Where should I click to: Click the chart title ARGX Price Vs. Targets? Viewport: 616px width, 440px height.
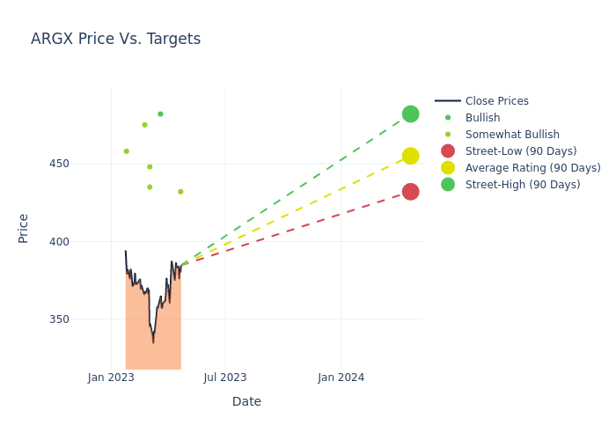coord(115,39)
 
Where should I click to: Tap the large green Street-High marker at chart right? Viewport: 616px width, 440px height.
coord(410,114)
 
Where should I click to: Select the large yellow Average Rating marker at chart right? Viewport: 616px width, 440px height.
coord(410,156)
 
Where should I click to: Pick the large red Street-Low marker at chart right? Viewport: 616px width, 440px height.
coord(410,192)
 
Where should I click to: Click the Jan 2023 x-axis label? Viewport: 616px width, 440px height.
coord(111,378)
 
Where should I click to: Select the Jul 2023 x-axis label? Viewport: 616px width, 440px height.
coord(225,378)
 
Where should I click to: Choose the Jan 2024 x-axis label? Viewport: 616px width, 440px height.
coord(341,378)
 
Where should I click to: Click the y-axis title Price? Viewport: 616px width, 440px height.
coord(24,228)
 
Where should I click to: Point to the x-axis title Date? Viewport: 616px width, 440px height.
coord(246,401)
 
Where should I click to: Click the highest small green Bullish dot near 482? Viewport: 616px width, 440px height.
coord(160,114)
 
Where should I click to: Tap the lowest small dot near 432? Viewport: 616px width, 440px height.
coord(180,192)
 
